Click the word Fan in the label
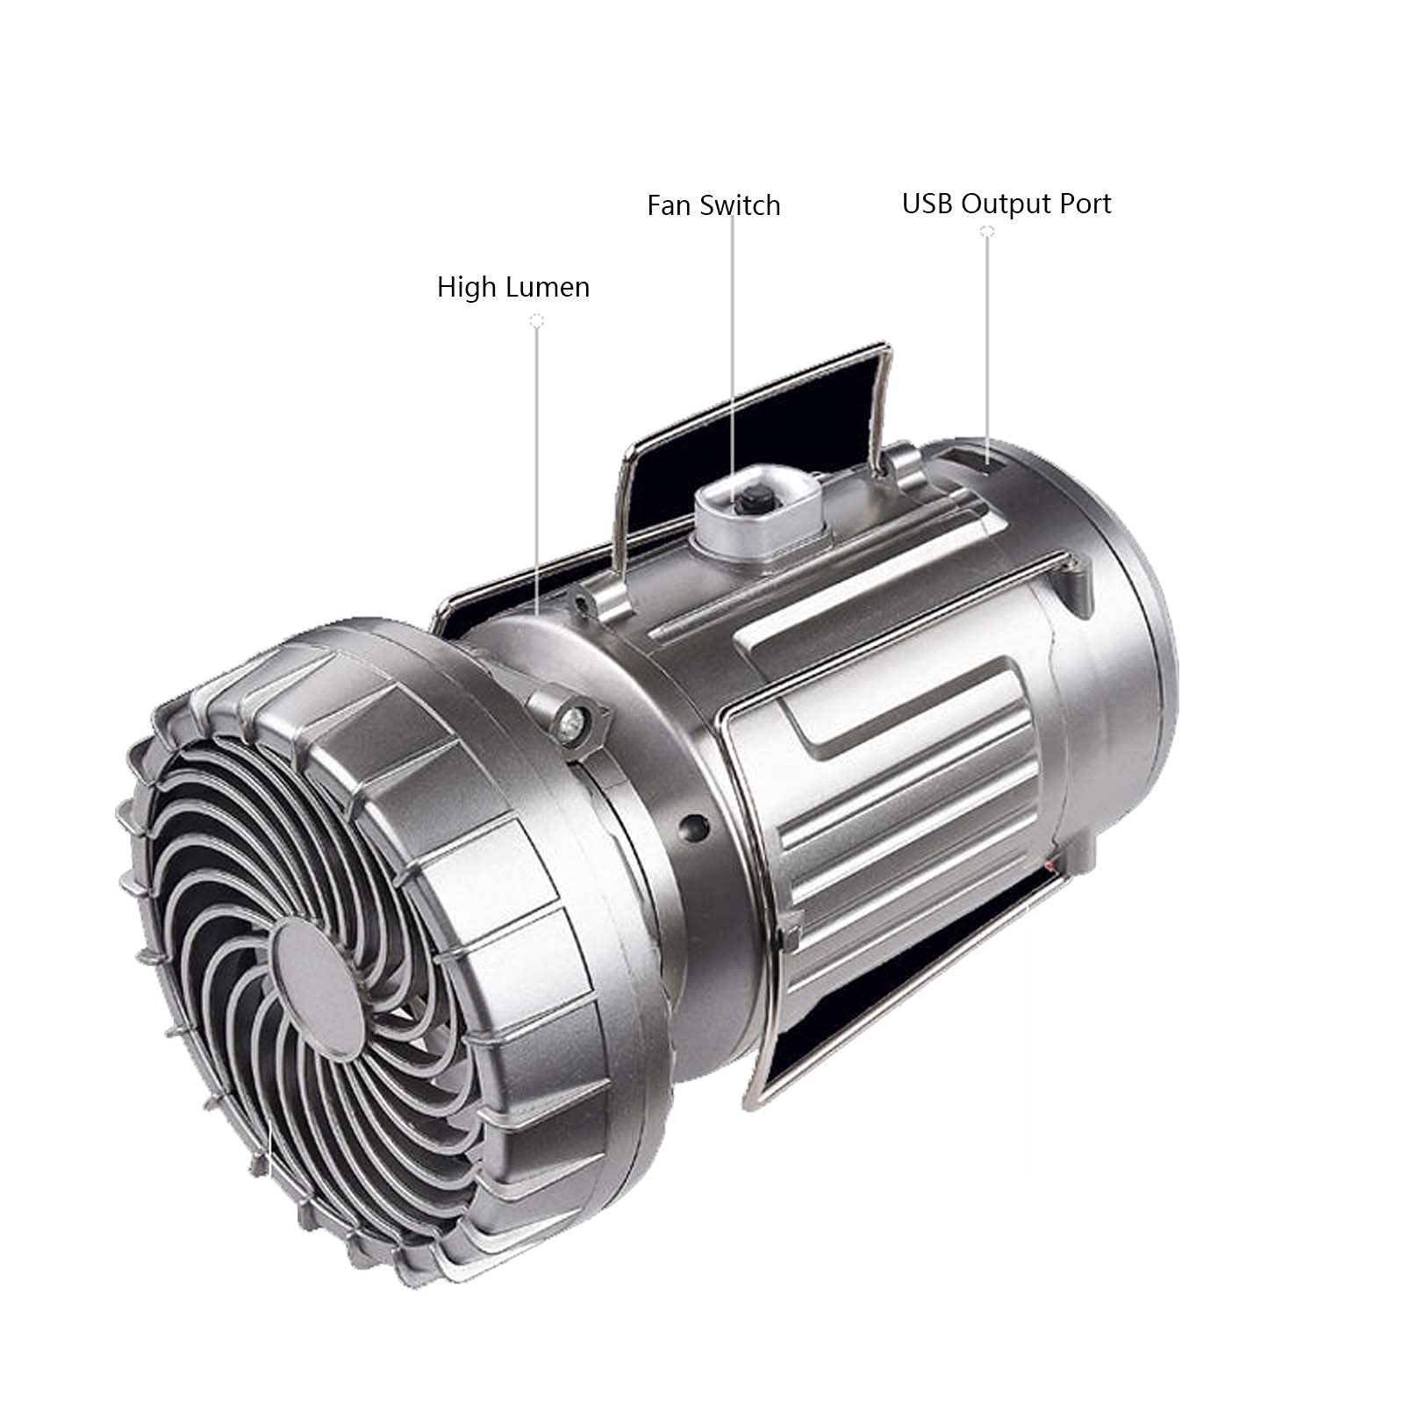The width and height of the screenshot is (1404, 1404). (670, 205)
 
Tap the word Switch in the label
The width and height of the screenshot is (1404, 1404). (740, 205)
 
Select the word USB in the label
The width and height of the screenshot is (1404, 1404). (928, 204)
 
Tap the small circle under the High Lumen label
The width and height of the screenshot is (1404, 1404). (537, 322)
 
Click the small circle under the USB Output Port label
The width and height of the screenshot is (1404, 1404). (987, 232)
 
